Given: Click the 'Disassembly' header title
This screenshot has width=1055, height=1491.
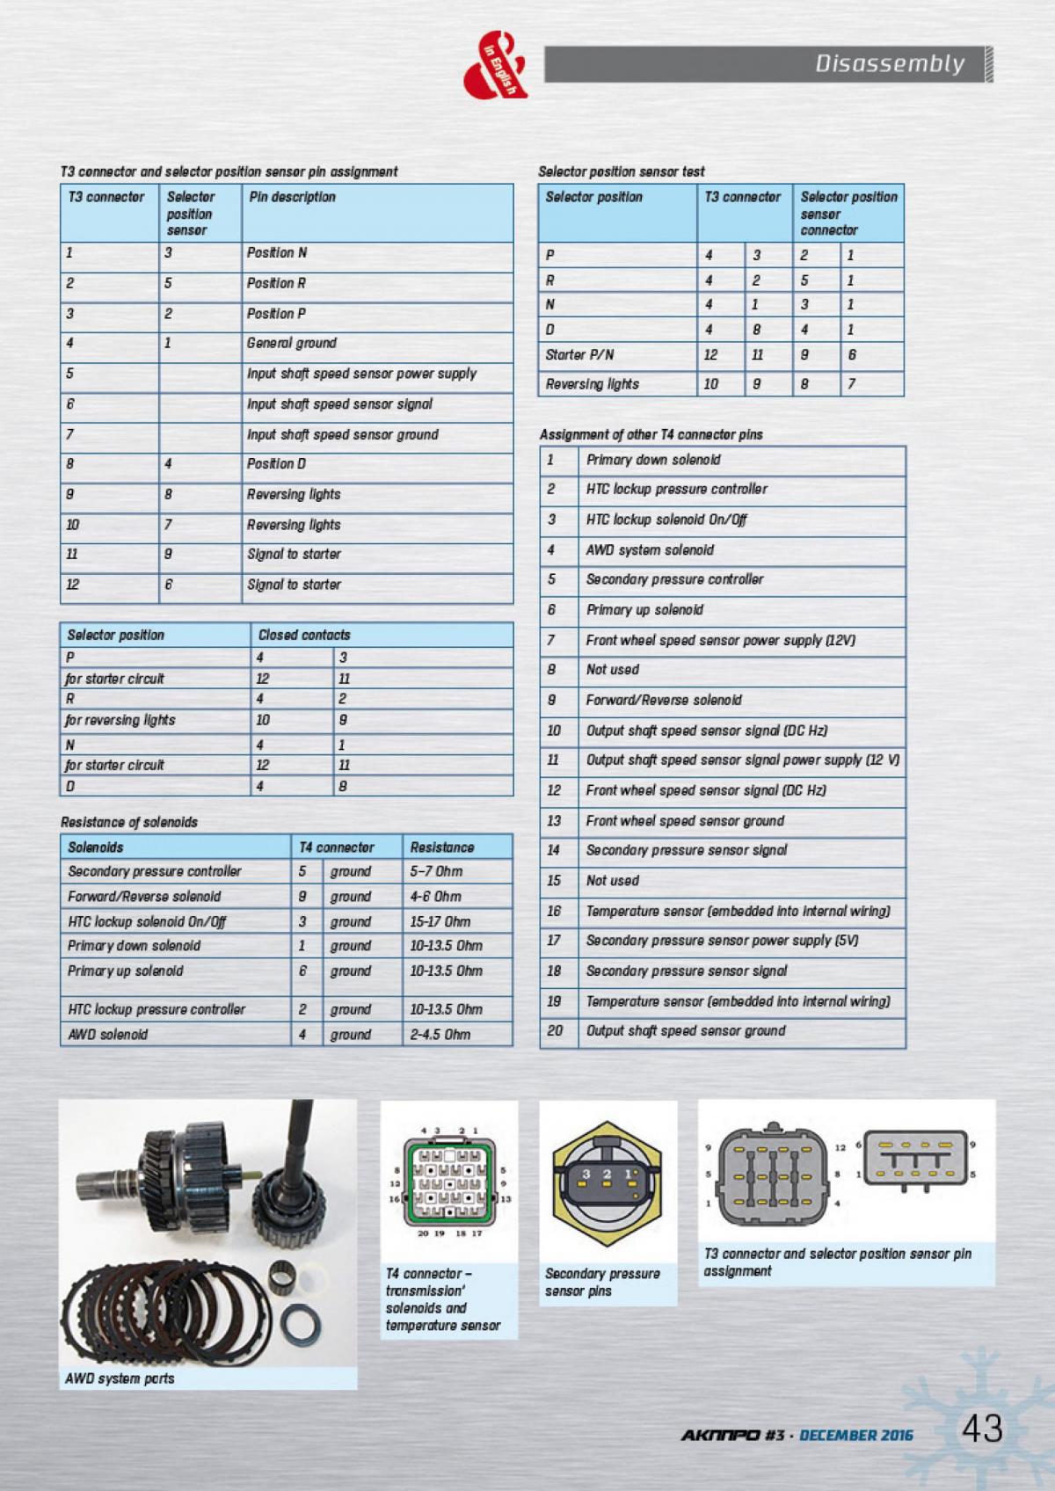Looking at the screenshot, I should [x=889, y=63].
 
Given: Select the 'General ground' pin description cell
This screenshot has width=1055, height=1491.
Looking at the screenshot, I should [x=292, y=343].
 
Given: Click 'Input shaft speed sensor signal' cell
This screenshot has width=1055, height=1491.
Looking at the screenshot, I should [x=339, y=404].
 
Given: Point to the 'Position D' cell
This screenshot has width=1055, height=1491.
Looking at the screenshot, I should [x=276, y=464].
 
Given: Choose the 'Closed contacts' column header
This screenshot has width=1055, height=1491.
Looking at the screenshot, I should [x=304, y=635].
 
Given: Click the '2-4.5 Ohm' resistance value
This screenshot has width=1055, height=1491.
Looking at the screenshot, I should [x=440, y=1035].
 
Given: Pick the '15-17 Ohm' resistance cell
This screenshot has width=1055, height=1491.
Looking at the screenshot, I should [x=440, y=922].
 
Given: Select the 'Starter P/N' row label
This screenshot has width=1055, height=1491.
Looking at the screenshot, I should [x=579, y=355].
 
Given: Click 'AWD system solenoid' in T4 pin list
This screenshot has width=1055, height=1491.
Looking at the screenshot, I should [x=650, y=550].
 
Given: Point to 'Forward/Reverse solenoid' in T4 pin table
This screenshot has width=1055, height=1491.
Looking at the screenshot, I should [x=664, y=701].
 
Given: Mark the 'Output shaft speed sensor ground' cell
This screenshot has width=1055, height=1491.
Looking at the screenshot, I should [x=686, y=1031].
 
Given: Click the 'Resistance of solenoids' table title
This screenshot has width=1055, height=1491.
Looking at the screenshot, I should [x=129, y=823].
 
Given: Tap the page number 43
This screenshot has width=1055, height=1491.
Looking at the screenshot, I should [x=981, y=1429].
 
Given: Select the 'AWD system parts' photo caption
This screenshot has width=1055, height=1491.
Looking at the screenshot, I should [x=120, y=1378].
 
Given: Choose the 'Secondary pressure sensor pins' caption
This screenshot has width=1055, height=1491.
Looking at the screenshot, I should [x=602, y=1283].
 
